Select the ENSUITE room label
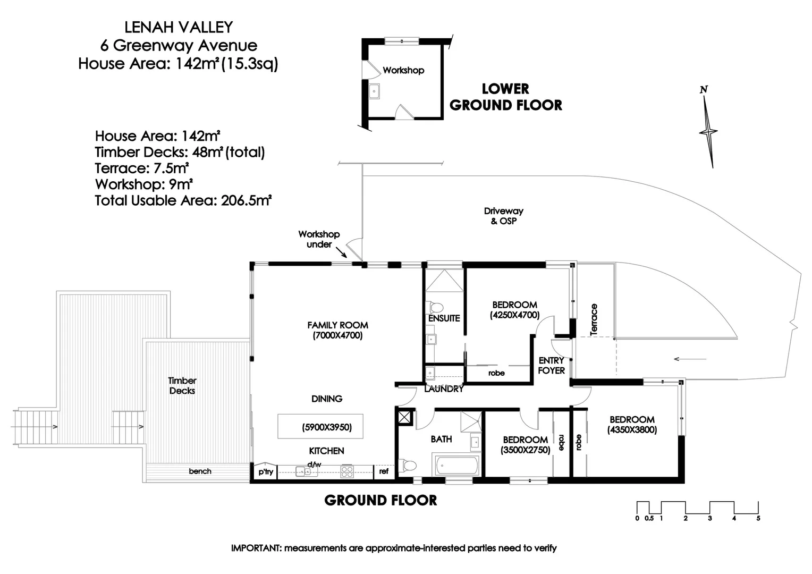click(x=444, y=318)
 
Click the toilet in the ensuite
click(x=436, y=307)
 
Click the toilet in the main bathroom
click(x=408, y=466)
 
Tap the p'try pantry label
click(x=266, y=471)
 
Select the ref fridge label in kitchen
click(x=384, y=471)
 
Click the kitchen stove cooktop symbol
click(x=347, y=471)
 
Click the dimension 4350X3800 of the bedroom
click(x=632, y=430)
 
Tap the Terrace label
click(x=594, y=319)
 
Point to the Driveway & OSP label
click(x=503, y=216)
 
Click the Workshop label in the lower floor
click(x=403, y=70)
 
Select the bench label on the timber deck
click(x=200, y=471)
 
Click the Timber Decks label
click(x=182, y=385)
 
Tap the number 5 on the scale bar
click(x=758, y=518)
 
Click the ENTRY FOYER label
click(x=551, y=365)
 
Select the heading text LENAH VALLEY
click(x=179, y=27)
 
